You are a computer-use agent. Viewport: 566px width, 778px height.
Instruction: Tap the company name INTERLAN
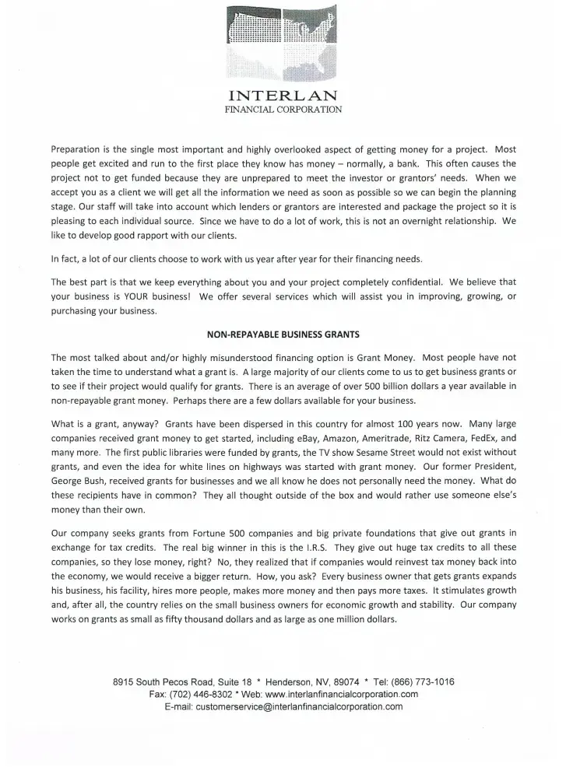tap(283, 96)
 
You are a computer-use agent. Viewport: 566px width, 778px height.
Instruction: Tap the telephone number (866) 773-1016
tap(420, 682)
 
